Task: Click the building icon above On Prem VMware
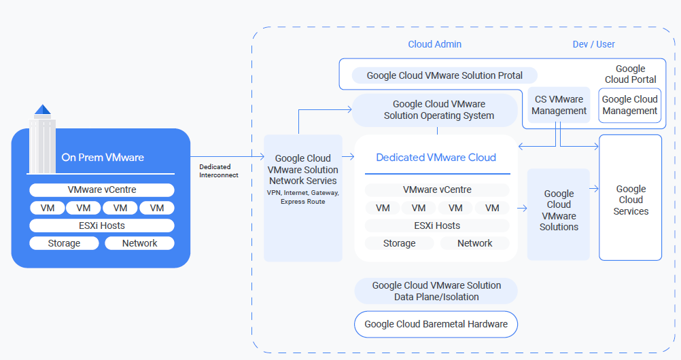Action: tap(43, 139)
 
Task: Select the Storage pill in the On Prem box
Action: tap(64, 243)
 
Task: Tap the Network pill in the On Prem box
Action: tap(139, 243)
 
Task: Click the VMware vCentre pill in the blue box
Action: tap(101, 190)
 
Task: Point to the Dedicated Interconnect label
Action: tap(215, 170)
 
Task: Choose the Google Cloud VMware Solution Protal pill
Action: tap(444, 75)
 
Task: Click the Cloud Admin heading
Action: tap(434, 44)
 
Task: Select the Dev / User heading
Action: tap(593, 44)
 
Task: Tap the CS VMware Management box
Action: tap(559, 105)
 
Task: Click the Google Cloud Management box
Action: tap(629, 105)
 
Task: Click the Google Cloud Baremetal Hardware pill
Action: tap(436, 324)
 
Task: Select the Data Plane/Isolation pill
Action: tap(436, 291)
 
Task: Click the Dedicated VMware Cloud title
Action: tap(436, 158)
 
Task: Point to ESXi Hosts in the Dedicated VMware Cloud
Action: tap(437, 226)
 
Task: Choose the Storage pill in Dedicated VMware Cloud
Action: tap(399, 243)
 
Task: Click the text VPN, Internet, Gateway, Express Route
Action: tap(302, 197)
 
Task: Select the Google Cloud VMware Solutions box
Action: tap(559, 211)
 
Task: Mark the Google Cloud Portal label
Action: tap(630, 74)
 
